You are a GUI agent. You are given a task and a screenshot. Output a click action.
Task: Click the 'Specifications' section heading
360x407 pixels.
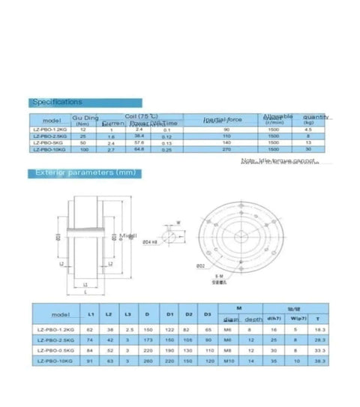pyautogui.click(x=57, y=102)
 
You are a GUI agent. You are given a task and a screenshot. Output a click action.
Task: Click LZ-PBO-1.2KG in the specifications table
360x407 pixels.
pyautogui.click(x=51, y=129)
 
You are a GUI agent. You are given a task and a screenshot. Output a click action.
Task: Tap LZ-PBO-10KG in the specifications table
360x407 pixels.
pyautogui.click(x=51, y=150)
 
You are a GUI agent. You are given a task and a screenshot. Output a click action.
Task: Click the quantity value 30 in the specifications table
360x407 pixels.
pyautogui.click(x=308, y=150)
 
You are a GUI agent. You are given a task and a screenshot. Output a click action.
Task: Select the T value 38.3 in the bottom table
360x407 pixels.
pyautogui.click(x=319, y=361)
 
